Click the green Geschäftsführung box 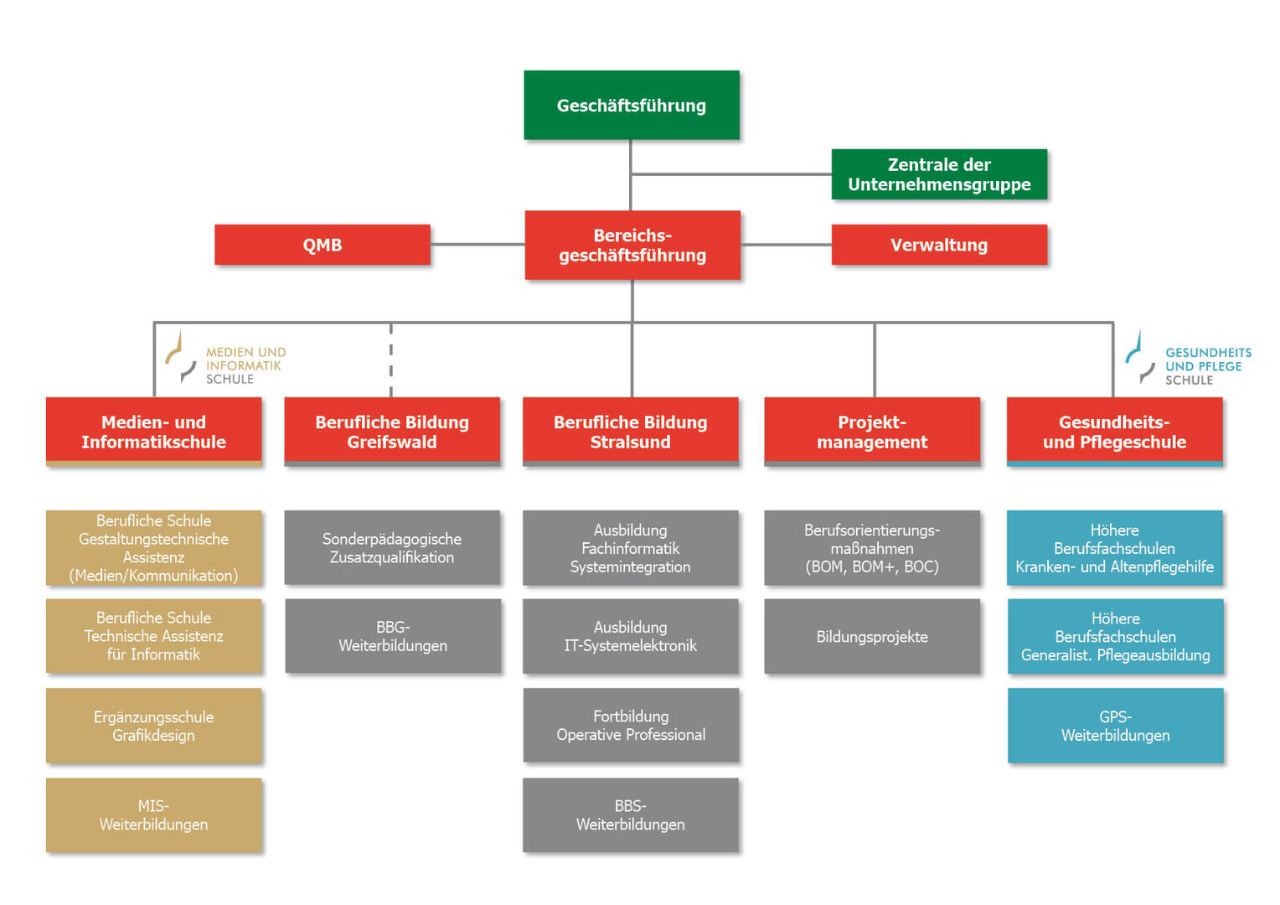click(x=631, y=105)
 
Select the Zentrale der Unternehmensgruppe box click(x=938, y=174)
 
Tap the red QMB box click(x=323, y=245)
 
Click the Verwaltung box click(x=938, y=245)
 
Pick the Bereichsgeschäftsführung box click(x=632, y=245)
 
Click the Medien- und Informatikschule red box click(x=153, y=432)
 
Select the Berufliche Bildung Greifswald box click(x=392, y=432)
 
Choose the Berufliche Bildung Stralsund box click(x=630, y=432)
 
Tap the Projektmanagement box click(x=872, y=432)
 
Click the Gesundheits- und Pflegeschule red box click(x=1114, y=432)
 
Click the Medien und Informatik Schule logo click(x=226, y=359)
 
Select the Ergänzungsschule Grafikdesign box click(x=153, y=726)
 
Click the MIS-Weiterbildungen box click(x=153, y=815)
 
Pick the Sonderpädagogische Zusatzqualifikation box click(x=392, y=548)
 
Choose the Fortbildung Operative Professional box click(x=631, y=726)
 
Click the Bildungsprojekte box click(x=872, y=636)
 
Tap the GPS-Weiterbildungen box click(x=1115, y=726)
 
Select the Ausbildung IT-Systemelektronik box click(x=631, y=636)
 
